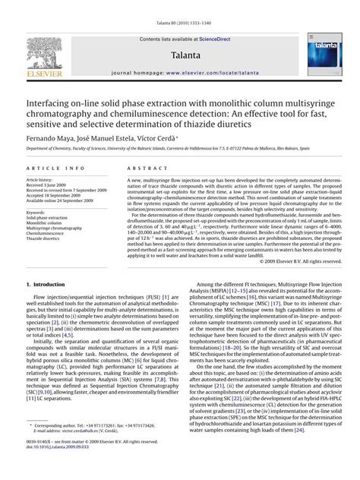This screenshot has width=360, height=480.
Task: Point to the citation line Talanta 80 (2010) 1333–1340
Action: pyautogui.click(x=180, y=7)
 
